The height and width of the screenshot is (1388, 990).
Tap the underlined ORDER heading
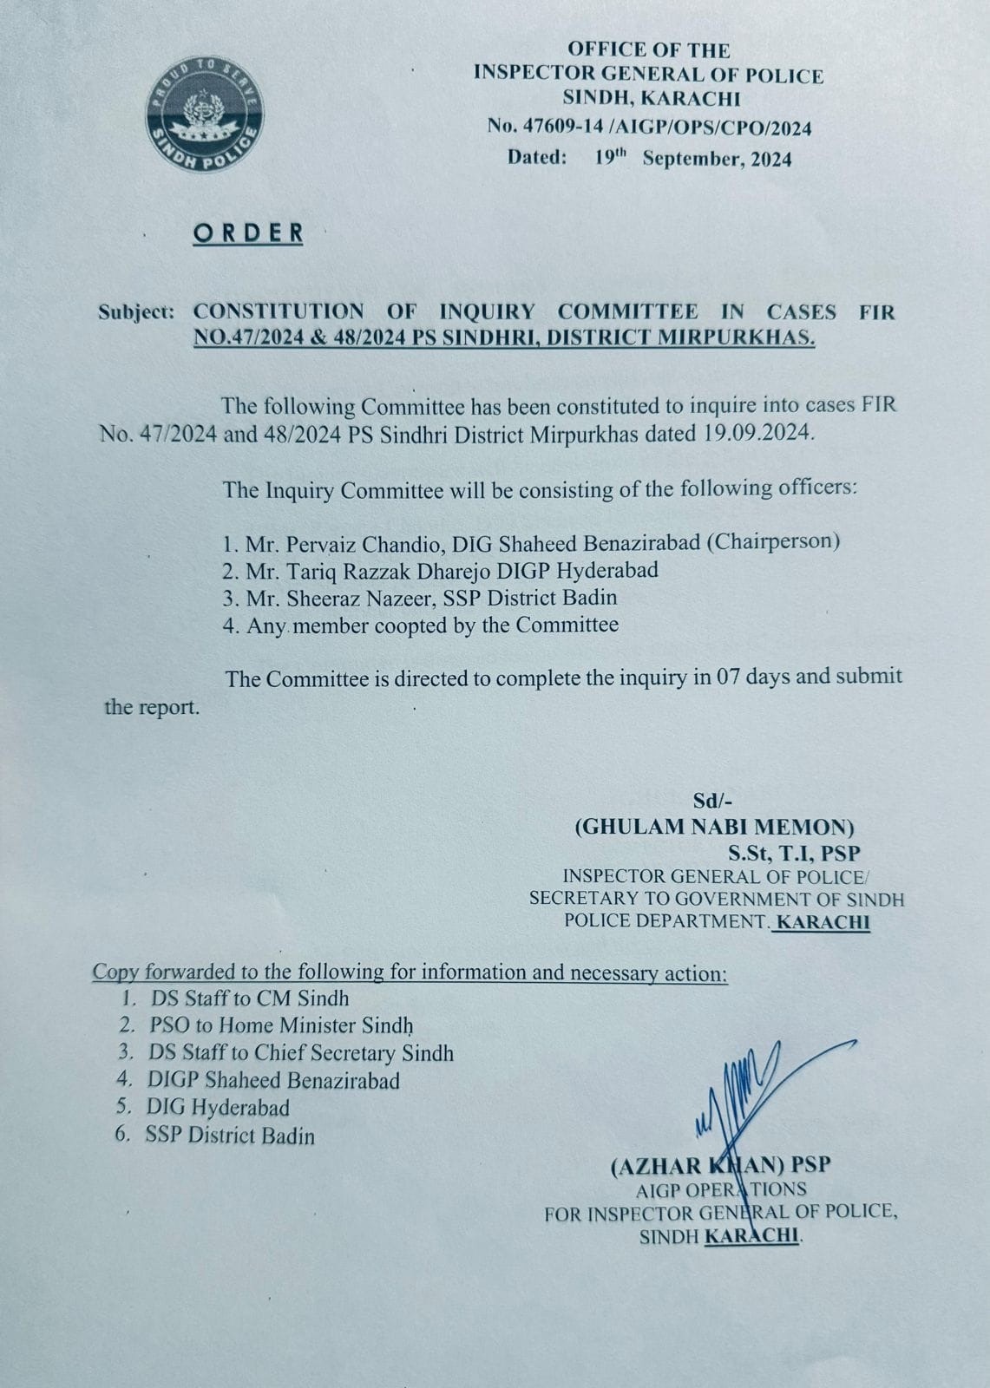click(248, 232)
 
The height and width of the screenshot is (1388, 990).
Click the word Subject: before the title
click(135, 311)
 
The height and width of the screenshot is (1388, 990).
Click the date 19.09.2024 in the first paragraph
click(755, 433)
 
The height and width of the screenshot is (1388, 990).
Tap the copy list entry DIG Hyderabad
click(217, 1108)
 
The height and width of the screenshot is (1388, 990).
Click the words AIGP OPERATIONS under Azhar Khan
click(720, 1189)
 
